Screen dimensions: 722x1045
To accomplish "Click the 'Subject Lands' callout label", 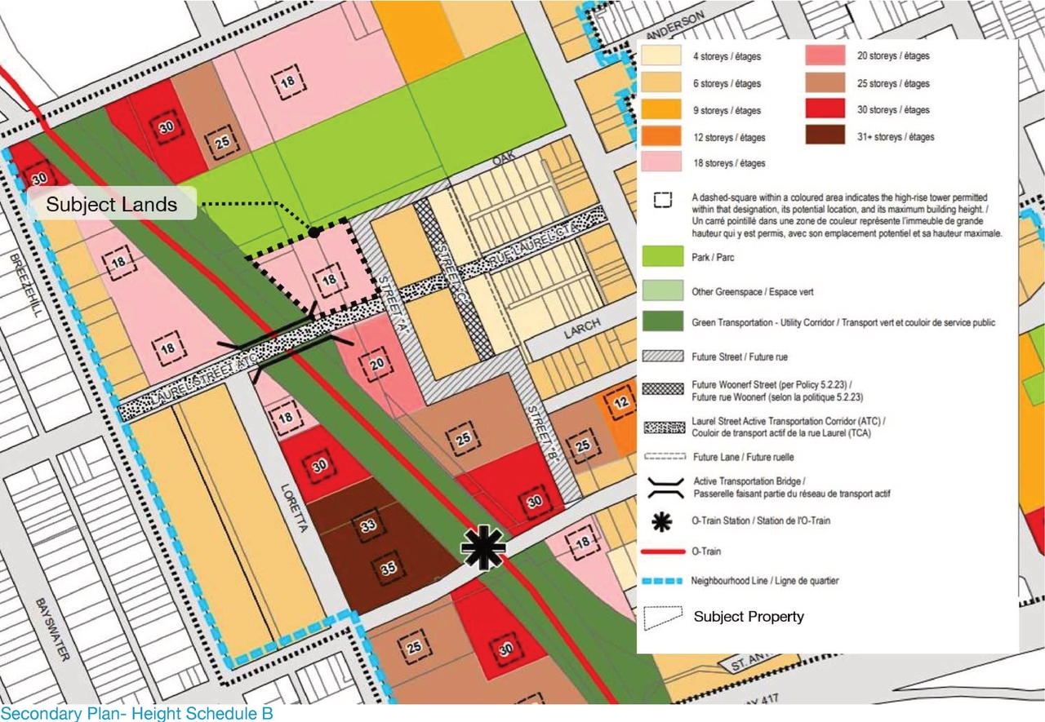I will click(x=112, y=204).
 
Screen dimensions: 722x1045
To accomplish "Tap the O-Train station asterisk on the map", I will click(x=483, y=547).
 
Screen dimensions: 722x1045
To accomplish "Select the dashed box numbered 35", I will click(x=389, y=569).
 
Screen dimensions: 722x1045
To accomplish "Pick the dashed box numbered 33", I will click(x=368, y=526).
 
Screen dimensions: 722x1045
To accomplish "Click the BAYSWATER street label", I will click(x=43, y=628).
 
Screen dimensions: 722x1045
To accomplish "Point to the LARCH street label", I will click(x=582, y=326).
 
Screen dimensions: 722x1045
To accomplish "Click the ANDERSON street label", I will click(x=673, y=27).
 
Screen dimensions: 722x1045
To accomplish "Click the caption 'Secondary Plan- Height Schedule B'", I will click(x=136, y=714).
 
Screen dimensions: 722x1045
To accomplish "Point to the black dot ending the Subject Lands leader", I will click(x=314, y=233).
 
